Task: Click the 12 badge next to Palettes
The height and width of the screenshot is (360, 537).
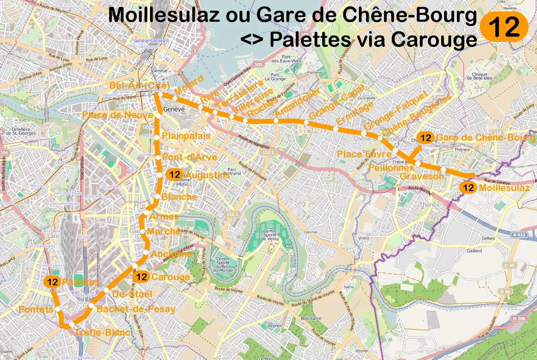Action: click(x=52, y=282)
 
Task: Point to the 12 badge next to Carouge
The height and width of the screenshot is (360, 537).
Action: click(x=142, y=277)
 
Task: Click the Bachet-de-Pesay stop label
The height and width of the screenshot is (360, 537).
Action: click(x=136, y=309)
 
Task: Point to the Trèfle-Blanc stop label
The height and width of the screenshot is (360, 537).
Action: click(x=102, y=333)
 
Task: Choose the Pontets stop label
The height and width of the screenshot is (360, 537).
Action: click(x=35, y=310)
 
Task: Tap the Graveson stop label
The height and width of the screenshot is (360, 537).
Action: click(x=422, y=176)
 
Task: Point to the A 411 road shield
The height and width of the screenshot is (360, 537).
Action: click(x=519, y=235)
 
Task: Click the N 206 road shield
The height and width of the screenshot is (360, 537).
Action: click(x=519, y=319)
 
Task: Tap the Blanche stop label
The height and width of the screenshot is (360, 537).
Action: click(x=179, y=197)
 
